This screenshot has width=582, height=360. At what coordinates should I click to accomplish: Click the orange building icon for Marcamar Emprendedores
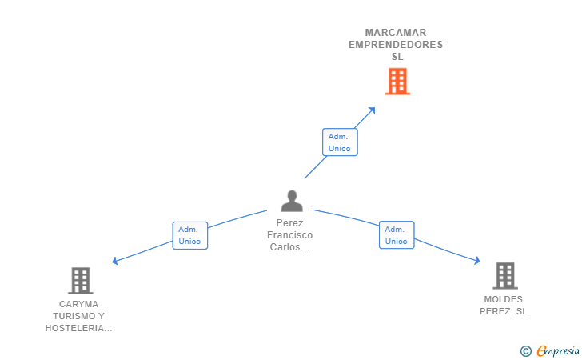click(x=397, y=82)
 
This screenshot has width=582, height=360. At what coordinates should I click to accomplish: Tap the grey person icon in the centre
click(x=292, y=201)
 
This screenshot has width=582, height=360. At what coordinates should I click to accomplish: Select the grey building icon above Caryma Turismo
click(x=80, y=281)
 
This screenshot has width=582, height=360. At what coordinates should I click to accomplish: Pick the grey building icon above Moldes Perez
click(x=504, y=276)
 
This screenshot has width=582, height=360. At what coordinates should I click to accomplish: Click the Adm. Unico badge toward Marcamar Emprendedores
click(x=340, y=142)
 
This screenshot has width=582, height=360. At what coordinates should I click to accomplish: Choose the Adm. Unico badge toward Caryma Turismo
click(x=189, y=235)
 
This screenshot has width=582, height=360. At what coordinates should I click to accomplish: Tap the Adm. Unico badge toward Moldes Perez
click(x=397, y=235)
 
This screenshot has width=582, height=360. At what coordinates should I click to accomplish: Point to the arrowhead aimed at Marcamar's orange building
click(x=372, y=110)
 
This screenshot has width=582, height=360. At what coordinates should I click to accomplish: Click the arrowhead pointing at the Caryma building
click(x=116, y=261)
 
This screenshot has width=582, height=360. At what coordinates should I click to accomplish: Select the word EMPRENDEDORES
click(x=396, y=45)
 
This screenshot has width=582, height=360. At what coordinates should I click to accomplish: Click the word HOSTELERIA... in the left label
click(x=78, y=328)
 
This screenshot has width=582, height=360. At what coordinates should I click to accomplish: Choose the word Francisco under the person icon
click(x=290, y=235)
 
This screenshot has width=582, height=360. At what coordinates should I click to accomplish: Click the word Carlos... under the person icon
click(x=290, y=247)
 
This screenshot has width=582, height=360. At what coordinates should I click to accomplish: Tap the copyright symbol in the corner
click(x=525, y=350)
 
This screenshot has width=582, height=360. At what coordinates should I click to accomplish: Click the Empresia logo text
click(x=559, y=350)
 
